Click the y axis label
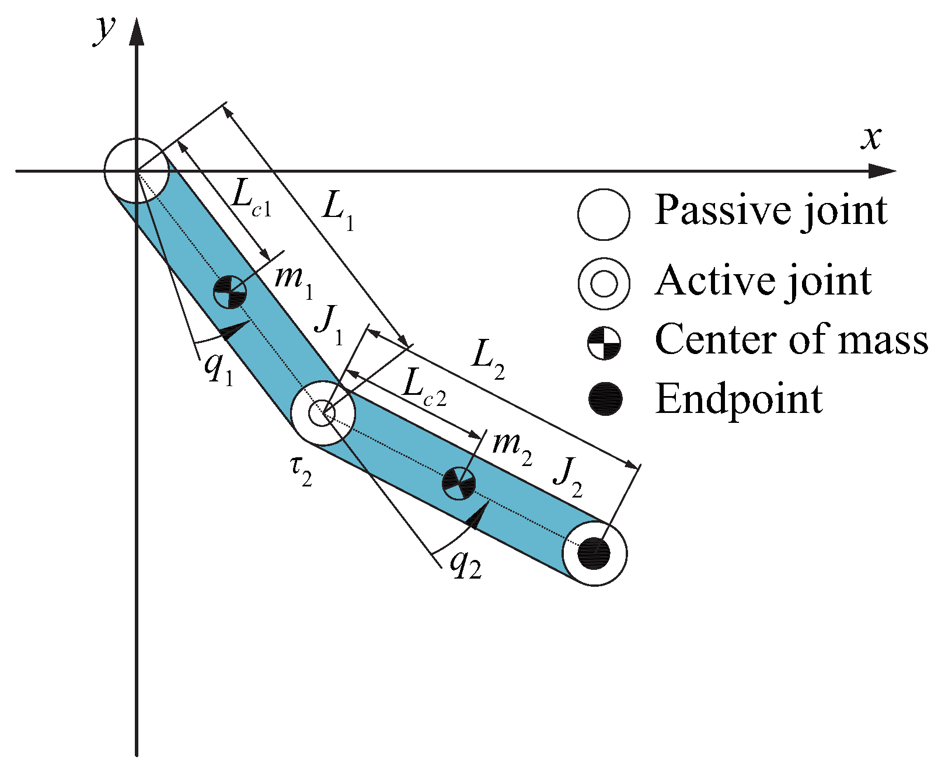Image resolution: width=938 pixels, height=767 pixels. coord(105,29)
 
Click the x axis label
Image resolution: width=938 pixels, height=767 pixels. coord(871,138)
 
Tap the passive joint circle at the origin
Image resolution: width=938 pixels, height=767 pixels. coord(137,170)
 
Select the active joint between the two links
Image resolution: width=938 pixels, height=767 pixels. coord(322,414)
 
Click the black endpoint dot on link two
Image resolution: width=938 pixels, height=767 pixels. coord(594,553)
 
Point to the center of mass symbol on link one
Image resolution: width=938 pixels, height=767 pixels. coord(229,292)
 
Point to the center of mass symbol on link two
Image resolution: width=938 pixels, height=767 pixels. coord(458,482)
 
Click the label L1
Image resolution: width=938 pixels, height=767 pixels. coord(339,211)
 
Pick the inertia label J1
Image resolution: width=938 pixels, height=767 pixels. coord(328,324)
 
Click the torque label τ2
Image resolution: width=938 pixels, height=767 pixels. coord(301,470)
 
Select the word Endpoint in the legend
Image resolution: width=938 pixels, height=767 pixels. coord(738,400)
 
